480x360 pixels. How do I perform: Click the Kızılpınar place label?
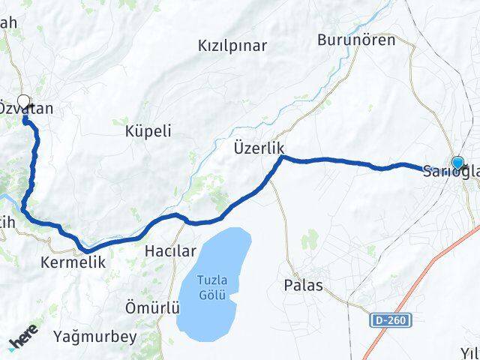pos(232,46)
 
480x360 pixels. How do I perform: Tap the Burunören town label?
pos(356,40)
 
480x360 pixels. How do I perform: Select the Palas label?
pos(304,285)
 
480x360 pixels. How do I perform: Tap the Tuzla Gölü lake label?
pos(211,286)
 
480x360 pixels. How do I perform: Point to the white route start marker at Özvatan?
pos(24,102)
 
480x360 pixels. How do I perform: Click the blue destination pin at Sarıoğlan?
pos(457,162)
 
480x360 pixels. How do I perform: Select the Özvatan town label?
pos(25,109)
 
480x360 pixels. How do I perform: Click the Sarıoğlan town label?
pos(450,171)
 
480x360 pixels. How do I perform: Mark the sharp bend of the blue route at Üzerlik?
pos(281,157)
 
